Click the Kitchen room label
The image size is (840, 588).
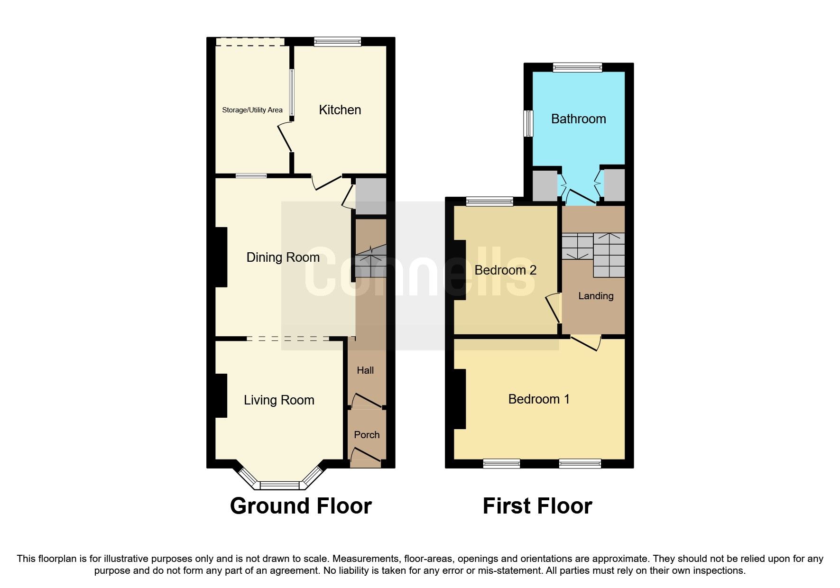click(340, 110)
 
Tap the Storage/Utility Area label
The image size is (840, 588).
click(252, 110)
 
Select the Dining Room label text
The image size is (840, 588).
click(283, 257)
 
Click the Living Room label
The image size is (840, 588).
click(279, 400)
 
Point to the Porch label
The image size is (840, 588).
click(367, 435)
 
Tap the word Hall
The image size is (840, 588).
click(365, 370)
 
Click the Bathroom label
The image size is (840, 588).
click(578, 119)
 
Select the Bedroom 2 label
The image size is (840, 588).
click(505, 270)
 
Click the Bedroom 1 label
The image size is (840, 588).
click(539, 399)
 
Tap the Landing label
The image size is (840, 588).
click(596, 296)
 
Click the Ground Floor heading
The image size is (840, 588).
click(301, 506)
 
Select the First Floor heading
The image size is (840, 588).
click(537, 506)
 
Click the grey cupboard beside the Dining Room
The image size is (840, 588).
click(371, 196)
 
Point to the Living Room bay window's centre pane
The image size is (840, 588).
click(279, 485)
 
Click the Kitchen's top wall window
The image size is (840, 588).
click(337, 42)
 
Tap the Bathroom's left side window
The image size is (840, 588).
click(528, 124)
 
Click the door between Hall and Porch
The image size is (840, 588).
click(366, 401)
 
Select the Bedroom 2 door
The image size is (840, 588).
click(554, 308)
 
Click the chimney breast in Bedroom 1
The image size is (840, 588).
click(460, 399)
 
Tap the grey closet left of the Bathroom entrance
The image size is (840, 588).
click(544, 185)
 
